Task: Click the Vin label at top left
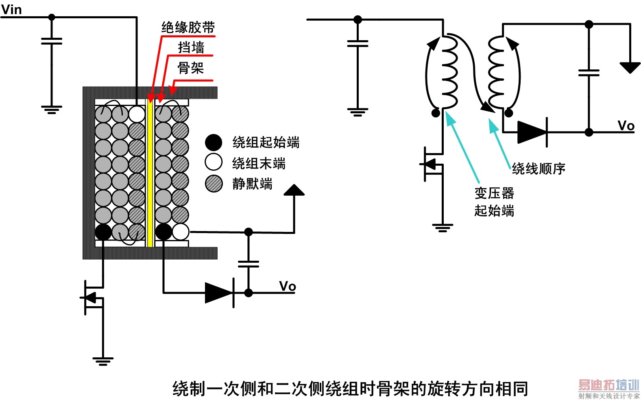(x=11, y=9)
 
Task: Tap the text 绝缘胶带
(x=188, y=28)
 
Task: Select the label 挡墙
(x=191, y=47)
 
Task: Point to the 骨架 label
(x=191, y=68)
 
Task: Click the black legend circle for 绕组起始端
(x=214, y=142)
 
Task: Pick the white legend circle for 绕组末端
(x=214, y=162)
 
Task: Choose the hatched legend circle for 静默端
(x=214, y=184)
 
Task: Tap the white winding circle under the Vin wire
(x=137, y=114)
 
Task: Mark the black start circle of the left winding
(x=103, y=232)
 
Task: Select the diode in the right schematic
(x=532, y=132)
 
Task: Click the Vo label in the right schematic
(x=626, y=125)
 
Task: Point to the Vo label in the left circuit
(x=287, y=286)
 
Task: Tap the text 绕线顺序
(x=539, y=169)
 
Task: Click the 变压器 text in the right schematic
(x=494, y=193)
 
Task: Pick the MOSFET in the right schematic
(x=432, y=164)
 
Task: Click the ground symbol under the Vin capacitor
(x=52, y=110)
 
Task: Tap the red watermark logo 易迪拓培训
(x=608, y=385)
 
